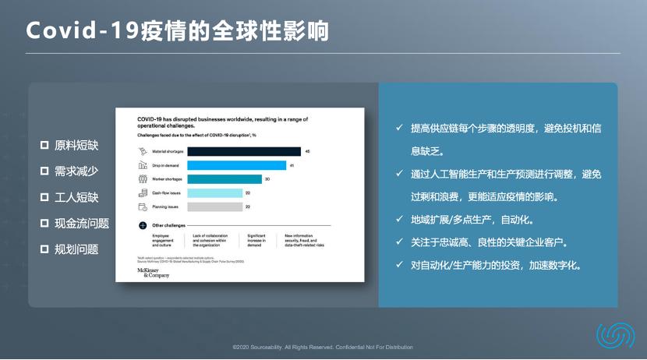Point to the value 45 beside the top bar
308,151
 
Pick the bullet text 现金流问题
82,224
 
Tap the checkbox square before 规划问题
45,249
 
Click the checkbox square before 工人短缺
45,198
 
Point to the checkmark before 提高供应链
398,127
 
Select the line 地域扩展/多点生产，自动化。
472,220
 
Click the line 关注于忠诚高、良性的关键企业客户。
494,242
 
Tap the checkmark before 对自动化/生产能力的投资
398,265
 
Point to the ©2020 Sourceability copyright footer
323,348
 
